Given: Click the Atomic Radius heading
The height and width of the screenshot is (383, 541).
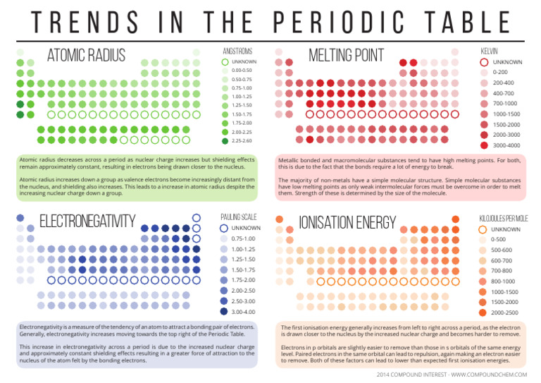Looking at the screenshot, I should [x=86, y=56].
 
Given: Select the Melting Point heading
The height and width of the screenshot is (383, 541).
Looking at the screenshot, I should [x=346, y=56].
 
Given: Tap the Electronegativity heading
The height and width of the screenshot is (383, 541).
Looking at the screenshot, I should [x=87, y=221].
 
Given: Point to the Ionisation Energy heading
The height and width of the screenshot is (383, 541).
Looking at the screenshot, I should [x=347, y=222].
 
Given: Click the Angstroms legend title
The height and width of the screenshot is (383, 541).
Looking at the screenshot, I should [x=237, y=51].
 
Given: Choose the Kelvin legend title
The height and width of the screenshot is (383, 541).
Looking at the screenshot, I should [x=490, y=51].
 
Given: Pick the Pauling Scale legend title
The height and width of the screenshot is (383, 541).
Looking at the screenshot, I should [x=241, y=217].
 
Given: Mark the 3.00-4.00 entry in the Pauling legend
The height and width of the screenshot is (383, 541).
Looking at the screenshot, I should [x=242, y=311].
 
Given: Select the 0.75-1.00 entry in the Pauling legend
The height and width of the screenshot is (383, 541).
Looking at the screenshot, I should [x=242, y=238].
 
